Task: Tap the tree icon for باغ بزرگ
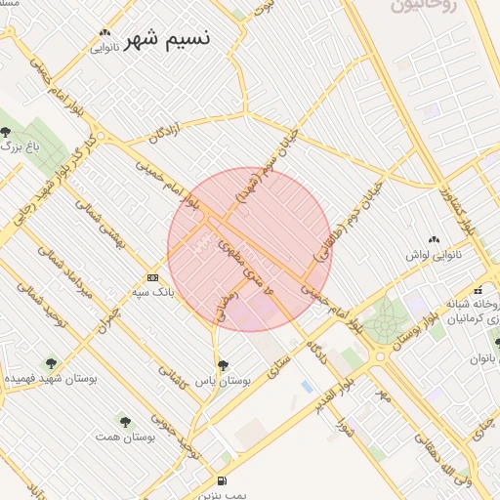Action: point(7,131)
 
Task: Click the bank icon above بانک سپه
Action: point(151,276)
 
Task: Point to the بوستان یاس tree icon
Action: point(223,364)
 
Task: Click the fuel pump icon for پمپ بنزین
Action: point(222,480)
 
